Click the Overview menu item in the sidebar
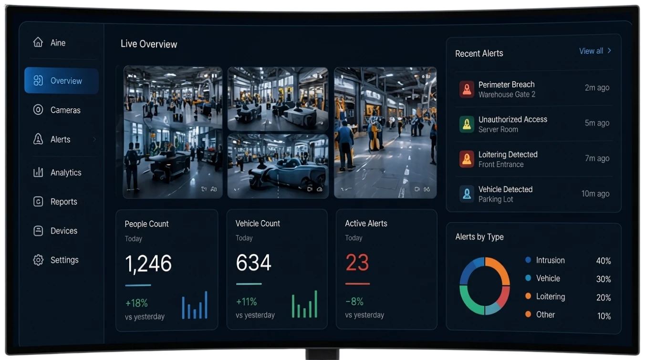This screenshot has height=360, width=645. point(62,81)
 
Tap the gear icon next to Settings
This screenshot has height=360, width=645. point(38,260)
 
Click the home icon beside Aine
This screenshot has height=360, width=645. point(38,42)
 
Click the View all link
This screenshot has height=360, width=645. point(595,51)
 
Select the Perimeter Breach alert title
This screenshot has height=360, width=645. point(506,84)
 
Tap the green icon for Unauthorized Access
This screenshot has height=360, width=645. point(467,124)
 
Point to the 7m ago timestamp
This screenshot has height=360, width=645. point(597,158)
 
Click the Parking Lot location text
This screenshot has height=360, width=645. point(496,199)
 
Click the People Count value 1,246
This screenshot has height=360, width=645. point(148,263)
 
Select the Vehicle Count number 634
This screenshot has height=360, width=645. point(253,262)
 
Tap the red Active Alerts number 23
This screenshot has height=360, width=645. point(357,262)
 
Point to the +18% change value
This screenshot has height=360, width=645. point(136,303)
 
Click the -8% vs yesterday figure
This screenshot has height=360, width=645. point(354,301)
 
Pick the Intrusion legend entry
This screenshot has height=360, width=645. point(545,260)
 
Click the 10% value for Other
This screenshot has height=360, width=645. point(604,316)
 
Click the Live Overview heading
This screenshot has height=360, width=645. point(148,44)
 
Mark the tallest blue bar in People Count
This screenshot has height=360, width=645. point(206,305)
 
